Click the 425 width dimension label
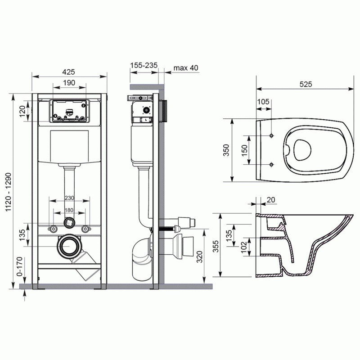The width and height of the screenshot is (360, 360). pyautogui.click(x=68, y=72)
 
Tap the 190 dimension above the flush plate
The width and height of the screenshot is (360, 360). pyautogui.click(x=69, y=83)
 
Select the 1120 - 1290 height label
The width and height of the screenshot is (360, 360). pyautogui.click(x=8, y=192)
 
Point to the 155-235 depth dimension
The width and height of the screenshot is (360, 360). pyautogui.click(x=144, y=65)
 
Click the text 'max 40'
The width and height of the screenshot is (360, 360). pyautogui.click(x=186, y=68)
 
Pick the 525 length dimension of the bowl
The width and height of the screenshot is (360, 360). pyautogui.click(x=306, y=84)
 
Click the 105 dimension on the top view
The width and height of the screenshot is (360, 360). pyautogui.click(x=263, y=102)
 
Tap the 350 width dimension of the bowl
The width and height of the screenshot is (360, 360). pyautogui.click(x=226, y=150)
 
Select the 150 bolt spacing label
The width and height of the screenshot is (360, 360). pyautogui.click(x=244, y=151)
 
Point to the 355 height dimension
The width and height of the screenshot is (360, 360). pyautogui.click(x=216, y=246)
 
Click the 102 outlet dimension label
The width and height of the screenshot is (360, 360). pyautogui.click(x=244, y=247)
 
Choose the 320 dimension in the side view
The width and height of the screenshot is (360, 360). pyautogui.click(x=199, y=257)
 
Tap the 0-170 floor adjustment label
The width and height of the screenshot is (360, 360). pyautogui.click(x=20, y=266)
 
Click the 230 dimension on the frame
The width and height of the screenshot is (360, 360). pyautogui.click(x=69, y=198)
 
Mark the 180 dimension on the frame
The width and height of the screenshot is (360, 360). pyautogui.click(x=69, y=210)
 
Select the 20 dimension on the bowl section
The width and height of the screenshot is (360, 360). pyautogui.click(x=271, y=200)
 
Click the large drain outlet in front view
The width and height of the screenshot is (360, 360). pyautogui.click(x=69, y=246)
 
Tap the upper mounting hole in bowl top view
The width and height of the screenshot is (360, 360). pyautogui.click(x=271, y=136)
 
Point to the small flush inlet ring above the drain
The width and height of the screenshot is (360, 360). pyautogui.click(x=69, y=222)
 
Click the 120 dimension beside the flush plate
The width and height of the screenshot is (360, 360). pyautogui.click(x=22, y=111)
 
